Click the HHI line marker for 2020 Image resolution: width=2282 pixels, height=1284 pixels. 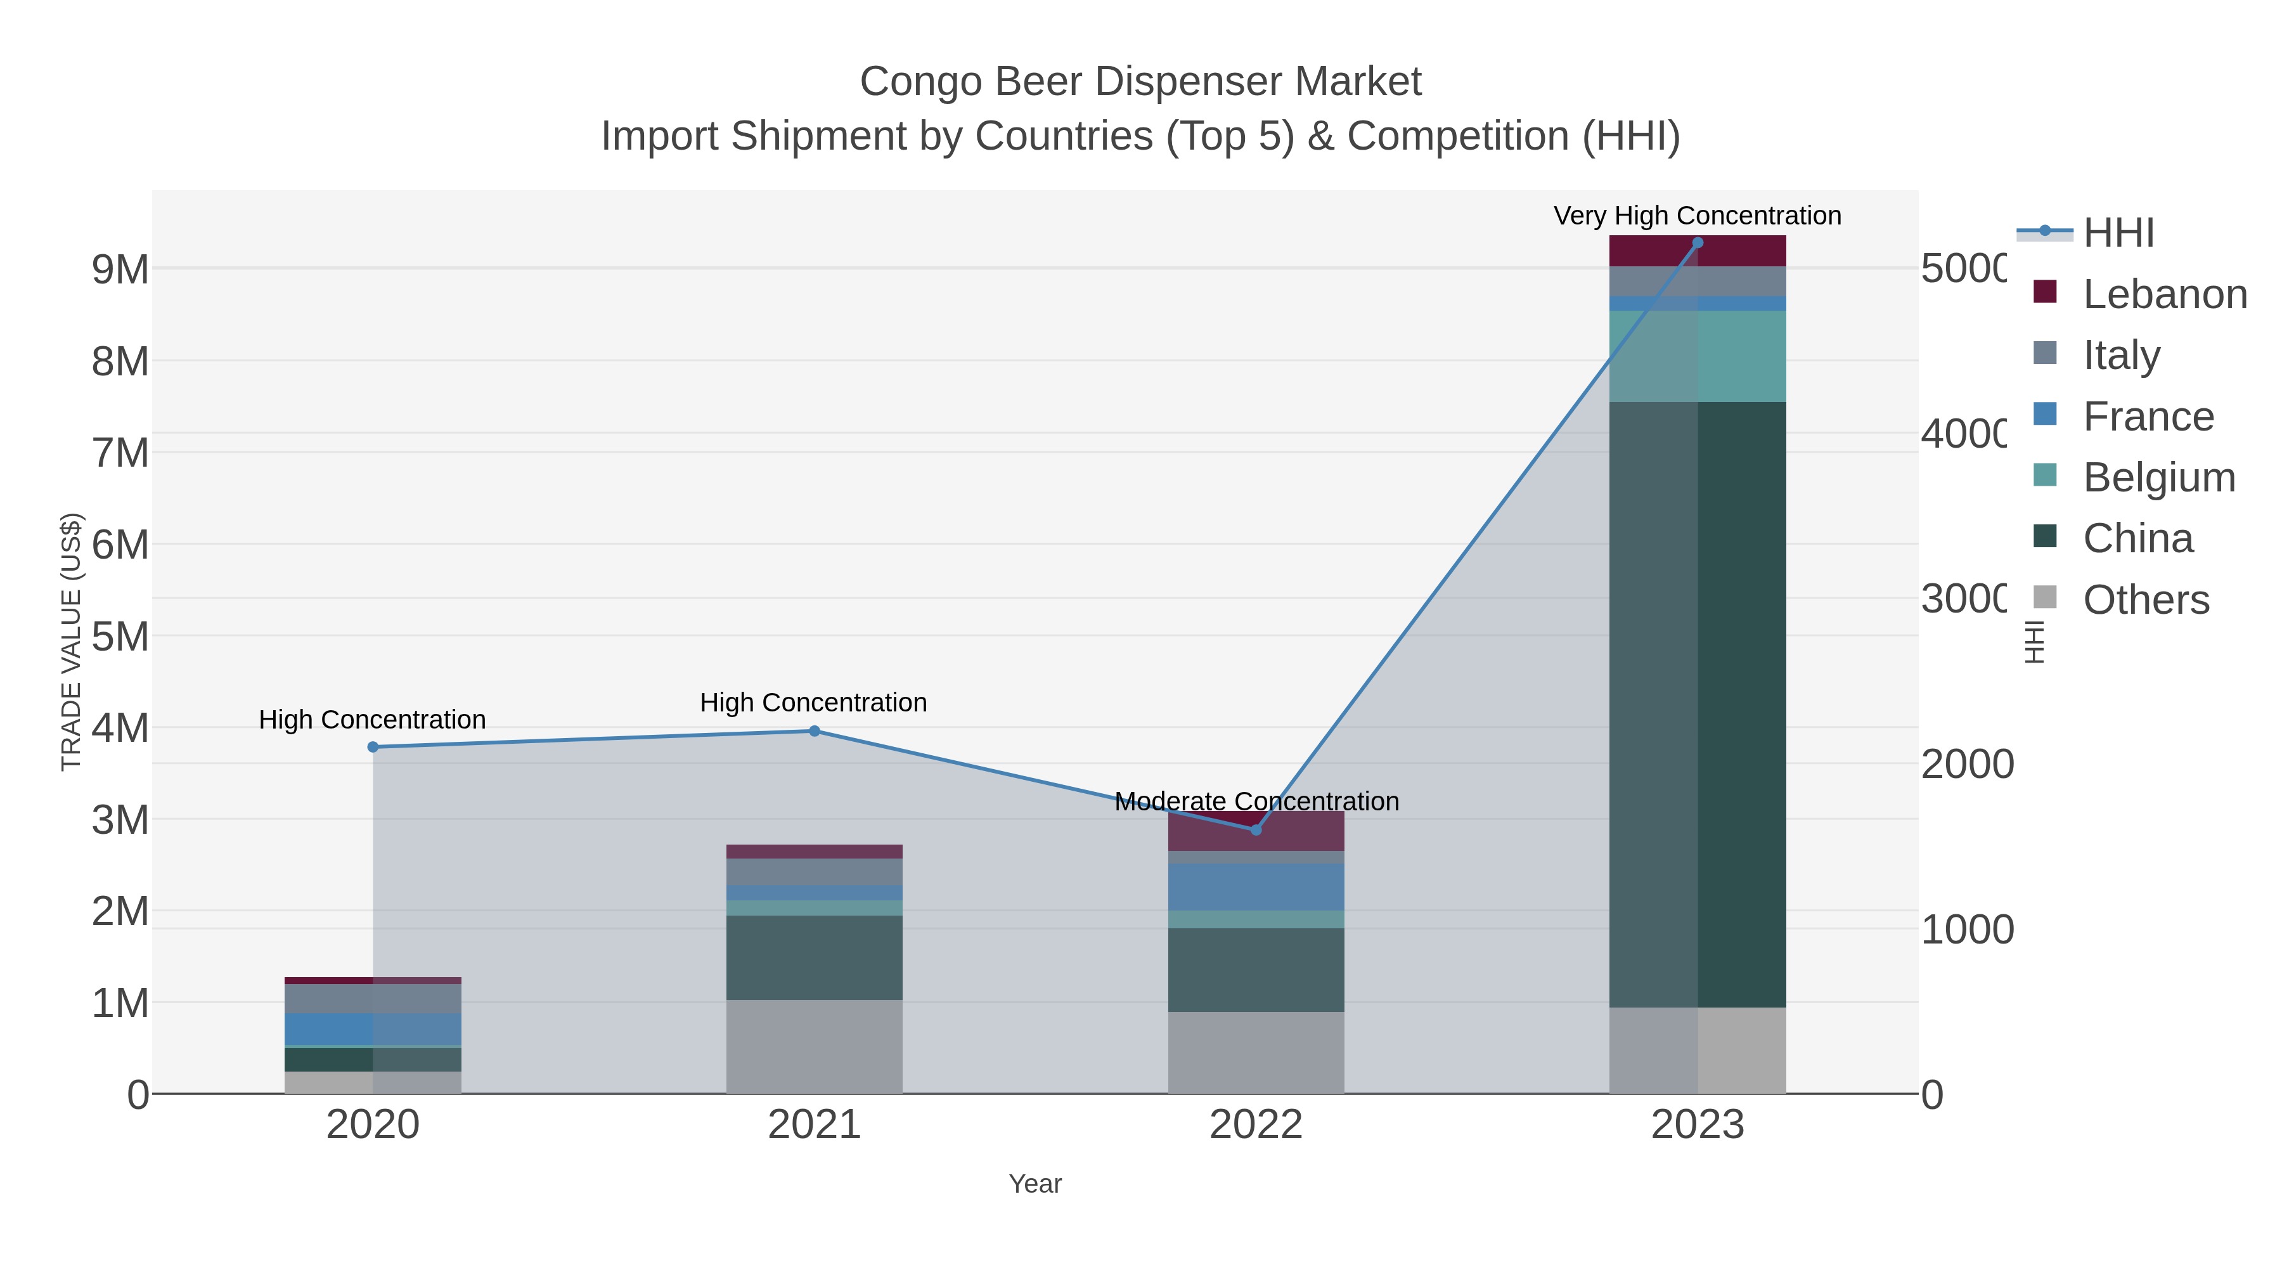pyautogui.click(x=373, y=747)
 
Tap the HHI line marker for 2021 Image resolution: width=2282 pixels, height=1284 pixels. pyautogui.click(x=814, y=731)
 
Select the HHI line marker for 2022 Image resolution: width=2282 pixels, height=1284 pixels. pyautogui.click(x=1255, y=829)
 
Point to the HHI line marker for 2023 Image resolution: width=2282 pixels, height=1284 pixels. pyautogui.click(x=1698, y=243)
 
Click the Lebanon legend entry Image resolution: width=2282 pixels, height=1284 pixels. pyautogui.click(x=2164, y=294)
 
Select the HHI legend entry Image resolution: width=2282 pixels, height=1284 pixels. pyautogui.click(x=2117, y=233)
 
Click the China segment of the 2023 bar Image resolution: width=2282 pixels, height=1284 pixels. pyautogui.click(x=1698, y=704)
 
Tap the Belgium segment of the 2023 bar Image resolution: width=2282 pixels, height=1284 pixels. pyautogui.click(x=1698, y=356)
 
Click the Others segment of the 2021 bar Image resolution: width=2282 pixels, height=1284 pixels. pyautogui.click(x=814, y=1046)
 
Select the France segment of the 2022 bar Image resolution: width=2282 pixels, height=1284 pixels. pyautogui.click(x=1255, y=887)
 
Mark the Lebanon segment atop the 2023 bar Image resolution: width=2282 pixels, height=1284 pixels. pyautogui.click(x=1698, y=250)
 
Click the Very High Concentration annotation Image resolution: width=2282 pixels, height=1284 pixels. pyautogui.click(x=1698, y=216)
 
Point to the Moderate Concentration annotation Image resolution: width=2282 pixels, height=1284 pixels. pyautogui.click(x=1256, y=801)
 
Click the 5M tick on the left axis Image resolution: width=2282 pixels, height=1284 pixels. pyautogui.click(x=120, y=636)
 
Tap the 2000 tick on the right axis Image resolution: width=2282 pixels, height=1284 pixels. pyautogui.click(x=1966, y=764)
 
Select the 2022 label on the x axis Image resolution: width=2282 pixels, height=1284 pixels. pyautogui.click(x=1255, y=1124)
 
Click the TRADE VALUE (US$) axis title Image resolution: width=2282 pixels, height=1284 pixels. pyautogui.click(x=71, y=642)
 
